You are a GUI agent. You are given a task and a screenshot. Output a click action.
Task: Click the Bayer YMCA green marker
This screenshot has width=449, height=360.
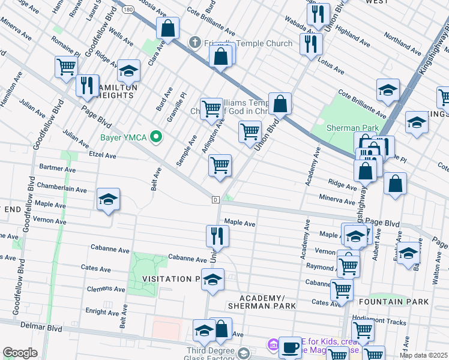coord(157,137)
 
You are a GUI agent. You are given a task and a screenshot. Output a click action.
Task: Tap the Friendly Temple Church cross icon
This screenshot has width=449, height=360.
coord(194,43)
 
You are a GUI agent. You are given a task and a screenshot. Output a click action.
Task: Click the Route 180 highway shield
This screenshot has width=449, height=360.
coord(129,10)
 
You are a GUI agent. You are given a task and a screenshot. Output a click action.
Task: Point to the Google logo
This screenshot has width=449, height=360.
coord(20,353)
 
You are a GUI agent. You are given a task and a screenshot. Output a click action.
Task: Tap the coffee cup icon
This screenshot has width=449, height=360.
coord(291,347)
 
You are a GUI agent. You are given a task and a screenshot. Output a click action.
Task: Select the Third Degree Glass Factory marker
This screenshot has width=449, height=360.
coord(243,352)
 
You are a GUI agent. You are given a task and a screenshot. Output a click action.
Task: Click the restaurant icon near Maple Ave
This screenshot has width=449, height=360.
coord(217,235)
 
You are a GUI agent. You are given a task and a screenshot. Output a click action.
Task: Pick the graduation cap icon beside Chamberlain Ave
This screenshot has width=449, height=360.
coord(108,200)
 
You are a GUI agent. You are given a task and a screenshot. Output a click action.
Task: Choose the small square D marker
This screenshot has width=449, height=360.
coord(215,199)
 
